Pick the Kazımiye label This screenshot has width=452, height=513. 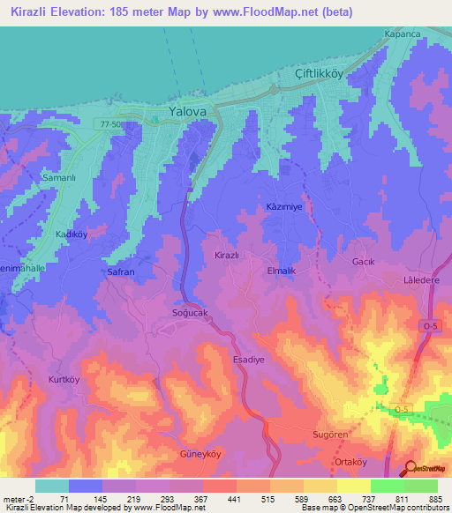click(x=285, y=206)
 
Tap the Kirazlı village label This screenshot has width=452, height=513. click(x=228, y=255)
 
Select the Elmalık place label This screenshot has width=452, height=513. click(x=284, y=271)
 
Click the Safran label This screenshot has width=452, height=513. click(x=121, y=272)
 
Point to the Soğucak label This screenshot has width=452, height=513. click(x=190, y=313)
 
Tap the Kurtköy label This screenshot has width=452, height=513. click(x=64, y=379)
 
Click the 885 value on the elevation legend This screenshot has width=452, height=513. click(x=436, y=499)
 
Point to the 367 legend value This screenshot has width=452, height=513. click(x=202, y=499)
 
